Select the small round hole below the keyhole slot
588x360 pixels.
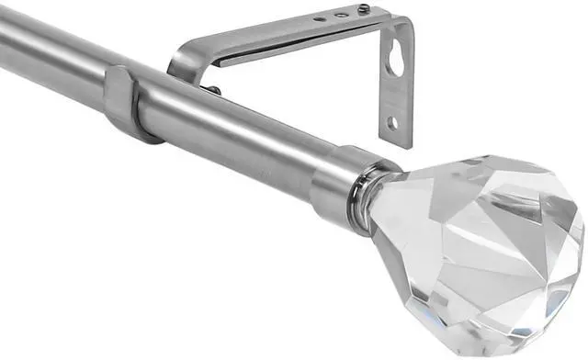393,121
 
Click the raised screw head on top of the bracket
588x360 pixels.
365,11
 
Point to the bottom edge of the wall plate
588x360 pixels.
397,142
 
